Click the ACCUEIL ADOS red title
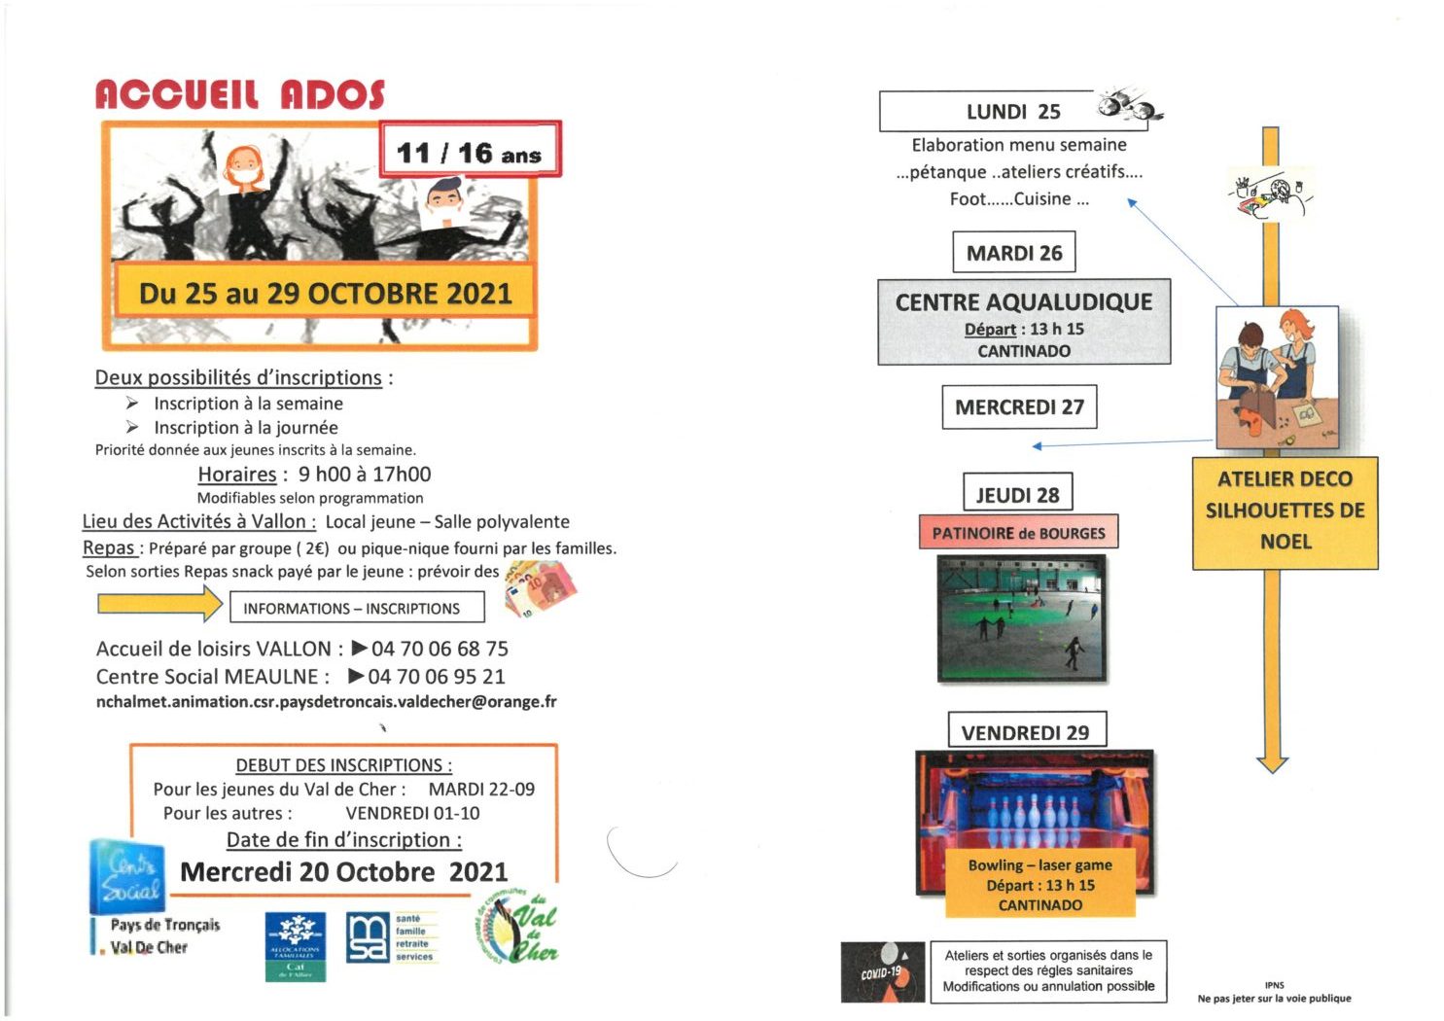point(239,94)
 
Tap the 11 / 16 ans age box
point(470,150)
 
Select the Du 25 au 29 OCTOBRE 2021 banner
point(325,293)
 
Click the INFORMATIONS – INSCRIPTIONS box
point(356,609)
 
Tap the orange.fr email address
point(326,702)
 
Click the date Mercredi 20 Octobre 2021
point(344,872)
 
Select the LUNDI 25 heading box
point(1012,112)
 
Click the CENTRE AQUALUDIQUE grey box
point(1023,322)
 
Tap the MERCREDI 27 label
point(1018,407)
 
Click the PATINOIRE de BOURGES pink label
point(1017,533)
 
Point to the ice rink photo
point(1021,617)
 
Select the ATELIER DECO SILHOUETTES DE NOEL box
point(1285,511)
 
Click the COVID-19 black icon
point(882,971)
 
